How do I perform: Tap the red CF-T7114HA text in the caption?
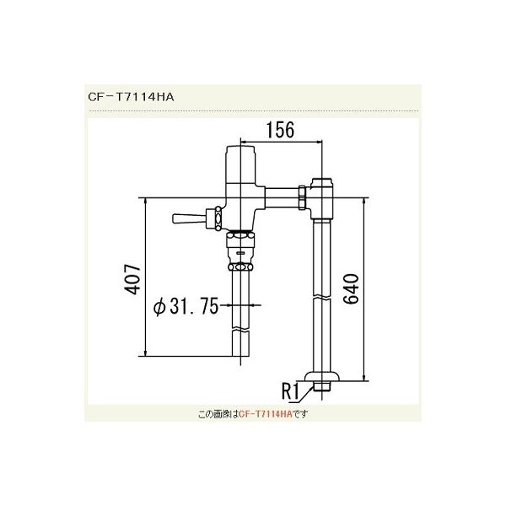(266, 414)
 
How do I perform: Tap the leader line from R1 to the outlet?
(307, 392)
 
